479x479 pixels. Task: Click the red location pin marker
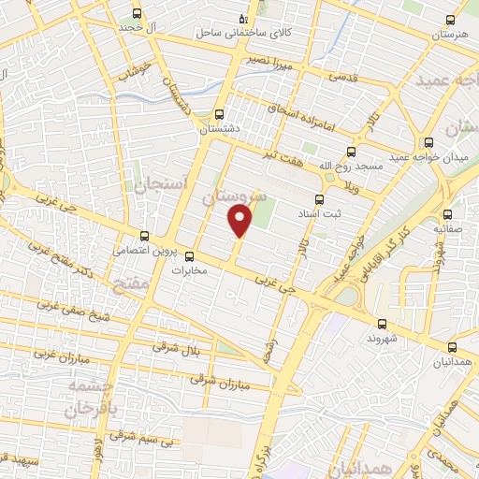(x=240, y=221)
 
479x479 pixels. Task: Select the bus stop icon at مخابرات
(x=189, y=255)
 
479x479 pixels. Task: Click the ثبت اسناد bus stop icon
(x=319, y=198)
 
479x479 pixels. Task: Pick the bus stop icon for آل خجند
(x=138, y=14)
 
